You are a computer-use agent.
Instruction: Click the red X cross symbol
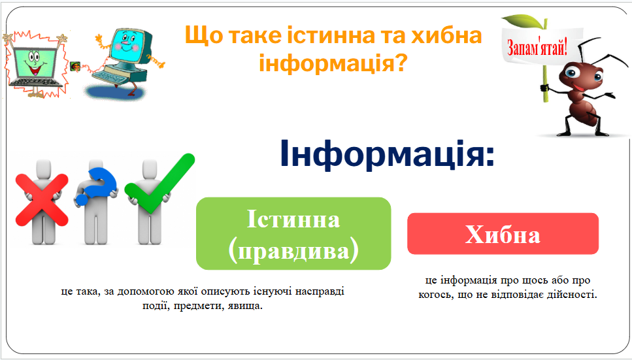click(x=42, y=199)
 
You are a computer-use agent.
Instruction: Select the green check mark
click(x=159, y=184)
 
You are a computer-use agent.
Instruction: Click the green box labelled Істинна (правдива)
click(x=293, y=233)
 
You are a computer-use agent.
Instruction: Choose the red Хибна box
click(x=503, y=233)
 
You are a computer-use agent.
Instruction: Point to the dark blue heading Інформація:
click(x=387, y=154)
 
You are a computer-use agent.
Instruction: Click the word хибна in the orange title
click(x=446, y=35)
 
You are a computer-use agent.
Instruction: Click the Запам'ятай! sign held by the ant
click(x=537, y=48)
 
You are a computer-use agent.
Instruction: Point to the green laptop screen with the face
click(x=34, y=63)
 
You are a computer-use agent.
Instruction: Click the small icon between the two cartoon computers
click(x=75, y=66)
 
